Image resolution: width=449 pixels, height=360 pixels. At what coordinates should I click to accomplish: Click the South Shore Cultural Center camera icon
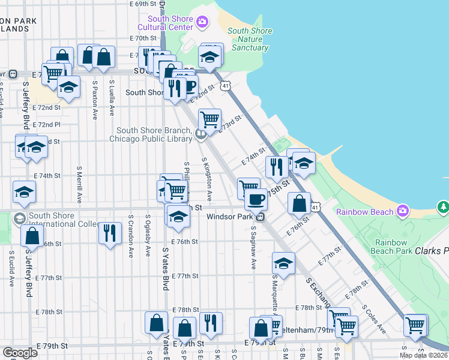pyautogui.click(x=202, y=23)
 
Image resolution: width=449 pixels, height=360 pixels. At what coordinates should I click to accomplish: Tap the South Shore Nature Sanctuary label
pyautogui.click(x=250, y=39)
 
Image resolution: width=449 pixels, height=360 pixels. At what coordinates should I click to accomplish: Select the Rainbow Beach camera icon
pyautogui.click(x=402, y=211)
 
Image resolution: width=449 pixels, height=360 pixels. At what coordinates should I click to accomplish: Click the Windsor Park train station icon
pyautogui.click(x=261, y=217)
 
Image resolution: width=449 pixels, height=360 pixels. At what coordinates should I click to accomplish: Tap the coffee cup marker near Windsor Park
pyautogui.click(x=255, y=199)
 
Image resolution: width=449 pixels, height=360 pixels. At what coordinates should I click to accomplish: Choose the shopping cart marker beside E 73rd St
pyautogui.click(x=209, y=120)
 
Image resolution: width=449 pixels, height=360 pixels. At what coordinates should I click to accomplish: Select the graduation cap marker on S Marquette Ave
pyautogui.click(x=284, y=263)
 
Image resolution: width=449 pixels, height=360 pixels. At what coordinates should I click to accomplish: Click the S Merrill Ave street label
pyautogui.click(x=79, y=184)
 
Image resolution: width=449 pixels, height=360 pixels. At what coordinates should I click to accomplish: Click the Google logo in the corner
pyautogui.click(x=20, y=352)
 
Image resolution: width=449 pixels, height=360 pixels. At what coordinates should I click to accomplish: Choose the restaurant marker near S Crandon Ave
pyautogui.click(x=109, y=233)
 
